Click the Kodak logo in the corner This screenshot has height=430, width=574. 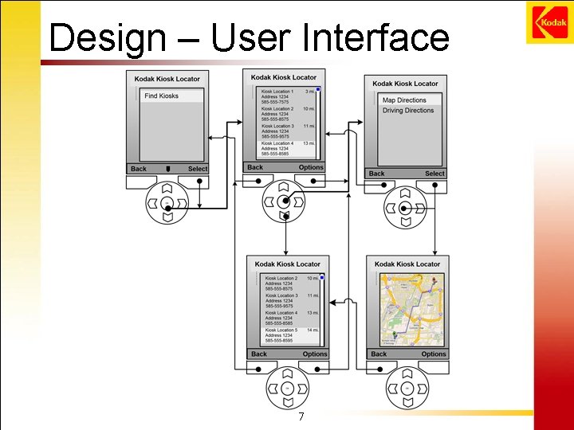click(x=547, y=22)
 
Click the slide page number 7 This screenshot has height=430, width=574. click(x=301, y=418)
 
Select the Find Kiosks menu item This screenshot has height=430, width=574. click(x=162, y=96)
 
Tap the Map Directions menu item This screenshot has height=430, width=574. click(x=404, y=100)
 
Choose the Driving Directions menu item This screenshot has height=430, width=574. click(x=408, y=111)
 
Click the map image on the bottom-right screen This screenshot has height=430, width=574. click(x=407, y=309)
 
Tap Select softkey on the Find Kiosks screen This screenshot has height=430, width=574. click(x=198, y=169)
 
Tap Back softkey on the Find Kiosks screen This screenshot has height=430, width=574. click(x=139, y=169)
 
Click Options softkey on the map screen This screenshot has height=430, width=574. click(x=434, y=354)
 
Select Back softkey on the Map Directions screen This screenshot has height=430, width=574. click(x=377, y=174)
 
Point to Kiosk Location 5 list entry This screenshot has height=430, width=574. click(x=281, y=330)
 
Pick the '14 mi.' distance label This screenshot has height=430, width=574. click(x=313, y=330)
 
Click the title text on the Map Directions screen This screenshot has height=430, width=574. click(x=405, y=84)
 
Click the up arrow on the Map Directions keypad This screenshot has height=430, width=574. click(x=405, y=193)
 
